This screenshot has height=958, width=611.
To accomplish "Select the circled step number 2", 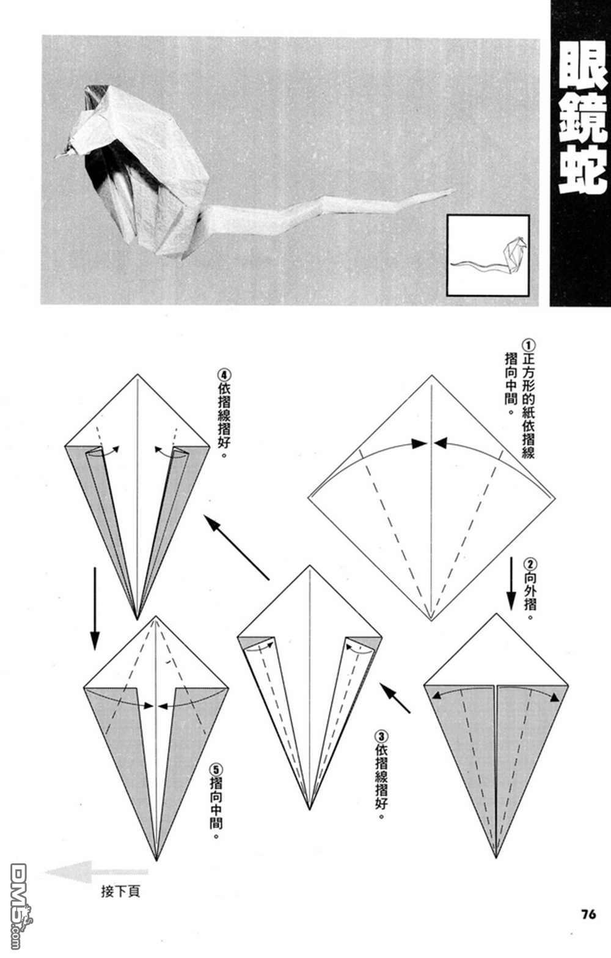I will click(529, 562).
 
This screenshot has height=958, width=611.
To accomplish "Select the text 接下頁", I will click(120, 891).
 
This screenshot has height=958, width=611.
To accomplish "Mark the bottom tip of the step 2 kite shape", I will click(496, 857).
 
